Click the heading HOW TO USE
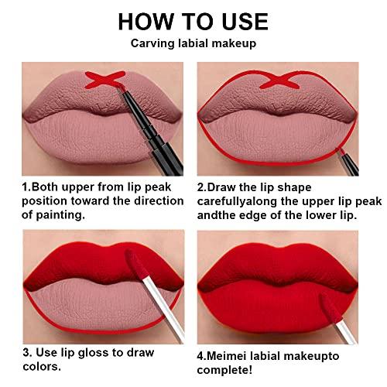click(x=193, y=22)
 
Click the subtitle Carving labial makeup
click(x=193, y=45)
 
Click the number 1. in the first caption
click(x=26, y=187)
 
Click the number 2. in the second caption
click(x=204, y=187)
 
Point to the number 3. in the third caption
click(x=28, y=353)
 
